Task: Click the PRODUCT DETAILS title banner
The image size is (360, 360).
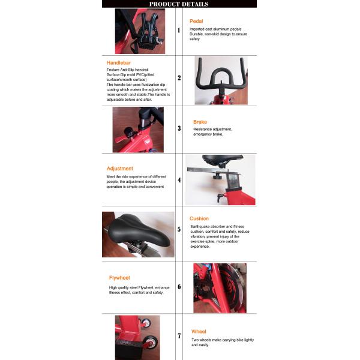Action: (179, 4)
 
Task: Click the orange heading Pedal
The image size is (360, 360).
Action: (196, 21)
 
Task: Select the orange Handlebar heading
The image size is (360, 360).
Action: (118, 62)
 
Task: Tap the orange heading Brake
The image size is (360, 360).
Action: (200, 122)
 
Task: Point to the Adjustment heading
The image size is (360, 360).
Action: (120, 169)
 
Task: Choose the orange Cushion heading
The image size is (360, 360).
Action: (199, 218)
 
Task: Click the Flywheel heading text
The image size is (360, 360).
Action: (119, 278)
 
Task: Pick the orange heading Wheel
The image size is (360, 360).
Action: (199, 332)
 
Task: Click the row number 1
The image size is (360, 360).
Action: (179, 30)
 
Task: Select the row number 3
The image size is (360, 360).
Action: (179, 128)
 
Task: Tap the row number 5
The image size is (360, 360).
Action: (179, 229)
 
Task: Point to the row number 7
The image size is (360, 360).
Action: (179, 336)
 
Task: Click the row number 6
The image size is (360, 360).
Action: (179, 287)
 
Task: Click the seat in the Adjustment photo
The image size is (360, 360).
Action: (222, 159)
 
